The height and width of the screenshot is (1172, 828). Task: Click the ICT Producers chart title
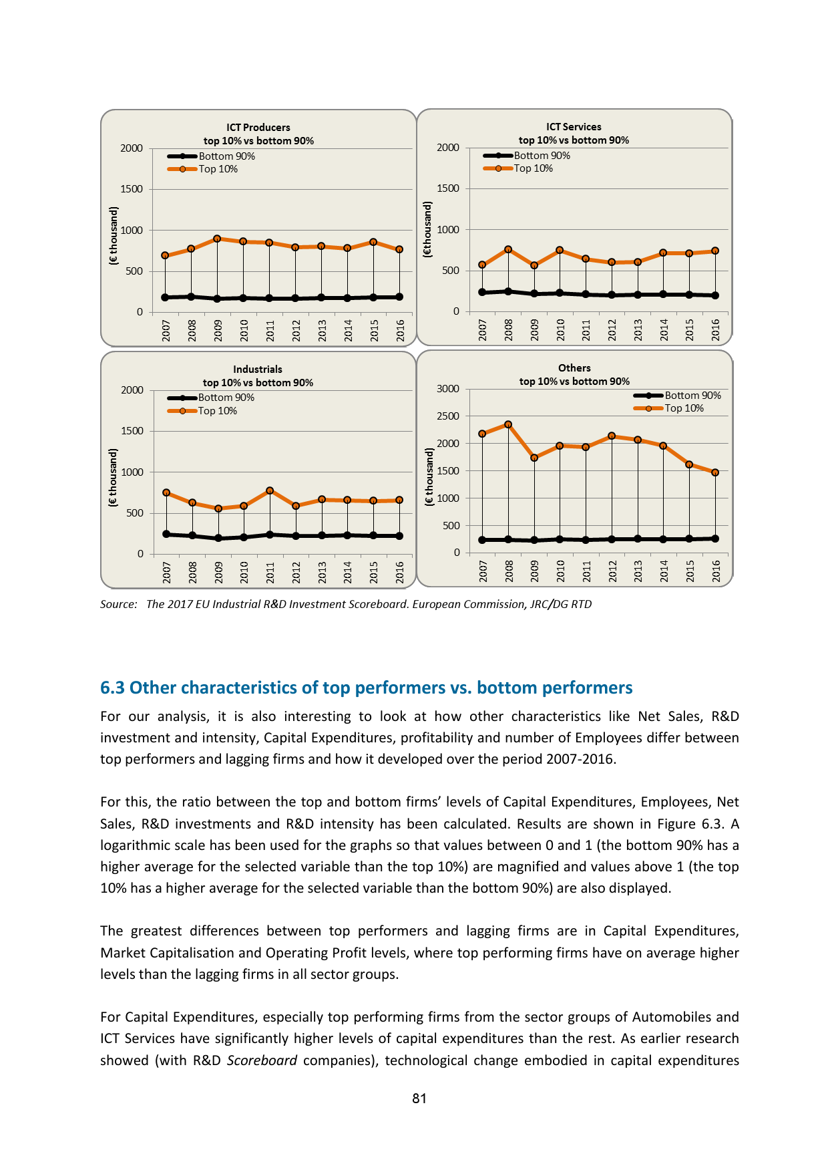[258, 128]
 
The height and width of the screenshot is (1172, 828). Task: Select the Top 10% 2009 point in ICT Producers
[217, 239]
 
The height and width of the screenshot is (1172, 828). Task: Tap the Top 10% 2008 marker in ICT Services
[508, 249]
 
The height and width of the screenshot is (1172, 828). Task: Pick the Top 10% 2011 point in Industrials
[270, 490]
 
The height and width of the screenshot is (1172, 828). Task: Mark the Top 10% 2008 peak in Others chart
[508, 424]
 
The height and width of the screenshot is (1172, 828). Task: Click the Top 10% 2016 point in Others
[715, 472]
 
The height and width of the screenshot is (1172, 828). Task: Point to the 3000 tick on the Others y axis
[448, 389]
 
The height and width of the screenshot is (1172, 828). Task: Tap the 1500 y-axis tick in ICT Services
[448, 188]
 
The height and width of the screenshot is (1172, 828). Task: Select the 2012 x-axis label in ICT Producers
[296, 331]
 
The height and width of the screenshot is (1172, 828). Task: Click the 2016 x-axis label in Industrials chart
[400, 573]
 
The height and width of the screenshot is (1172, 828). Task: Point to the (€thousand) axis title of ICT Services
[428, 229]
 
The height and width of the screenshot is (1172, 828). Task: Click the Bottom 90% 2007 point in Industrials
[166, 534]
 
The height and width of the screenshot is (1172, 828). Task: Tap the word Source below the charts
[118, 605]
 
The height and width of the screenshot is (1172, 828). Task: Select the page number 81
[419, 1098]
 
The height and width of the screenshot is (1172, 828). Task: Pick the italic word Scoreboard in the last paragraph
[262, 1060]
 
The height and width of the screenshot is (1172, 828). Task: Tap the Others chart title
[574, 368]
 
